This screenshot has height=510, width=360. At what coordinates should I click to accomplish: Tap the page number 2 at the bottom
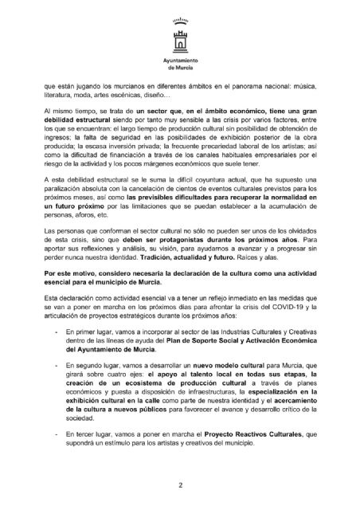[180, 482]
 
